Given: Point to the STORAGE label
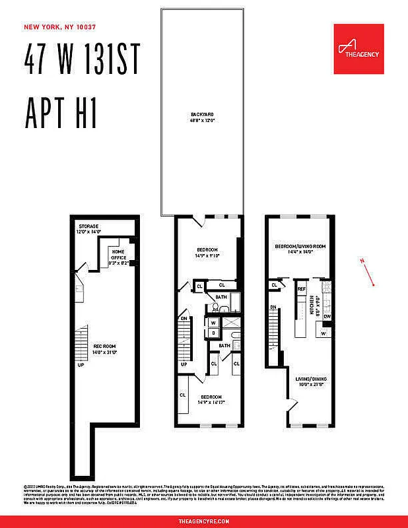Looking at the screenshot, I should click(88, 225).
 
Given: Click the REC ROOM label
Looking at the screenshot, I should click(104, 346).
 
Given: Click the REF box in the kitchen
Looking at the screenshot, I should click(301, 289).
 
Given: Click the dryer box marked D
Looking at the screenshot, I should click(213, 333).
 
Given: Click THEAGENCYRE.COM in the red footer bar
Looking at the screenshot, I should click(204, 521).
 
